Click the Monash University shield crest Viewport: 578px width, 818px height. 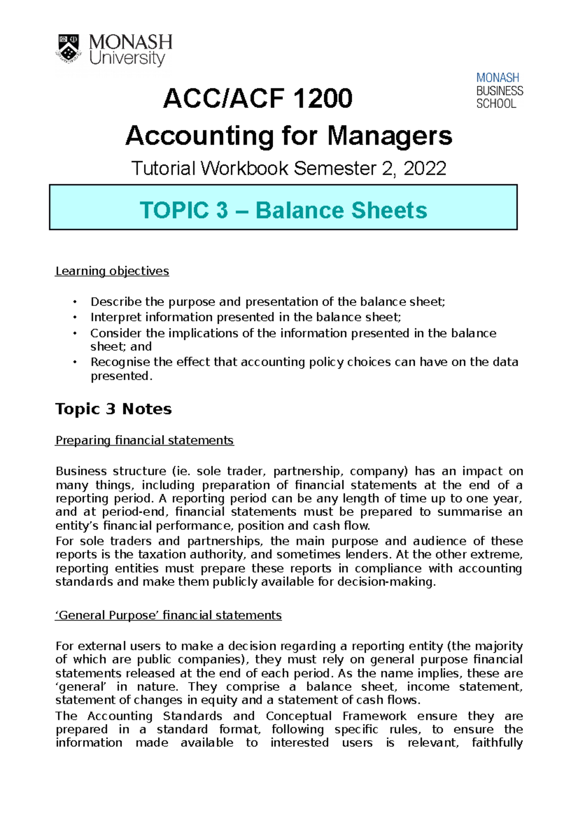point(69,48)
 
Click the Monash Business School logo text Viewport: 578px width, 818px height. point(499,91)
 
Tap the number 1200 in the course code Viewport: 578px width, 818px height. point(322,99)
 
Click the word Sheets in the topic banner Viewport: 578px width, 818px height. point(389,211)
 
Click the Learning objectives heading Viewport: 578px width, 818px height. point(112,271)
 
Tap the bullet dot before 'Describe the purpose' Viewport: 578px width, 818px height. point(75,302)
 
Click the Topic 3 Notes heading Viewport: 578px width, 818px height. point(113,409)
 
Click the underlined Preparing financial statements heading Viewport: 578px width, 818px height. point(144,440)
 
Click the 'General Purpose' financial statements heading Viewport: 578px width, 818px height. point(168,615)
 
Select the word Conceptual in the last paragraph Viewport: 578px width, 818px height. point(298,716)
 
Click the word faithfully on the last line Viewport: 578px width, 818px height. point(497,743)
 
